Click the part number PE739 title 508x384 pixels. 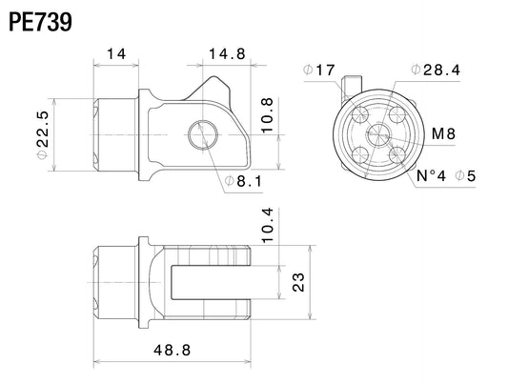click(x=40, y=22)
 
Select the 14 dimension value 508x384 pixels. click(x=116, y=53)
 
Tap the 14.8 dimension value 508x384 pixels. click(x=227, y=53)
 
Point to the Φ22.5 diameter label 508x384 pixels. click(x=43, y=135)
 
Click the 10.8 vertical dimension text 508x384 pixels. click(x=268, y=115)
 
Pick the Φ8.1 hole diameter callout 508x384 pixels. click(x=243, y=181)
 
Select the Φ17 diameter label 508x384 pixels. click(x=318, y=70)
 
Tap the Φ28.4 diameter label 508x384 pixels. click(x=436, y=70)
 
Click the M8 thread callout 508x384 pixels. click(x=443, y=133)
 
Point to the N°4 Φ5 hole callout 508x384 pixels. click(x=446, y=176)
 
